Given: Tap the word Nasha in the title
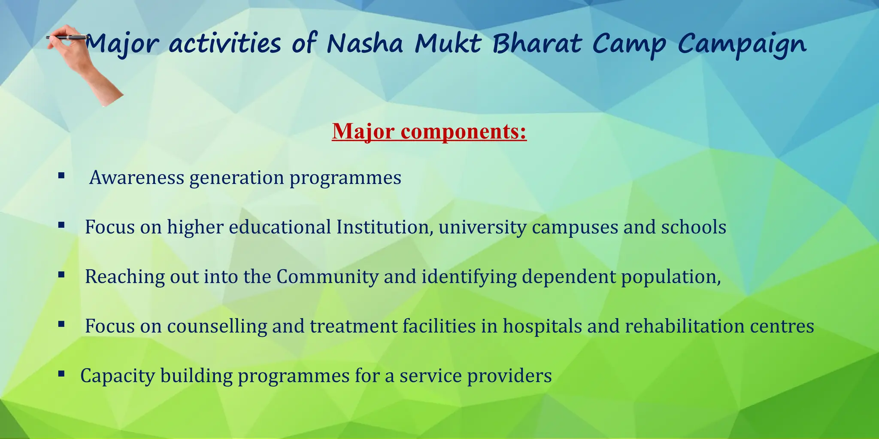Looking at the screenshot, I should pos(365,44).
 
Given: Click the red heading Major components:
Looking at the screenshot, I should pos(429,131).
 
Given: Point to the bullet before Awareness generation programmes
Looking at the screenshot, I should pos(61,175).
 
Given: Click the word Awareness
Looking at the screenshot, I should pos(136,177).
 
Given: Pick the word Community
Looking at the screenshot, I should pos(327,277).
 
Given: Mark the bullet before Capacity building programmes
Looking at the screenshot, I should pos(61,374).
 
